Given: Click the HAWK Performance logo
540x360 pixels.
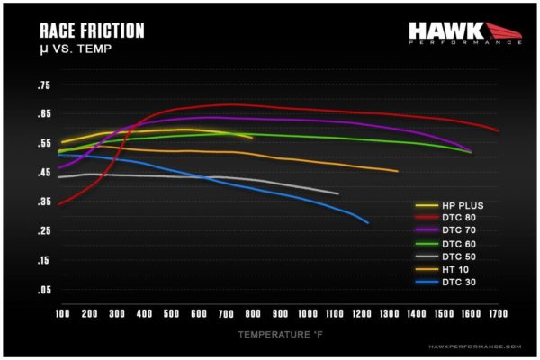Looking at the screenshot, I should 464,33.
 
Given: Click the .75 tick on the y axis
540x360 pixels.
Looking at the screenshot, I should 43,85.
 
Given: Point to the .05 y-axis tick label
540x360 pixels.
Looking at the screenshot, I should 43,290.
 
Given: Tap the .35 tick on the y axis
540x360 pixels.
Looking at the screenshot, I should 43,202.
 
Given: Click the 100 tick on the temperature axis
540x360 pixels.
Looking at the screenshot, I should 62,313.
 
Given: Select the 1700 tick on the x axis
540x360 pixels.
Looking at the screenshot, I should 497,313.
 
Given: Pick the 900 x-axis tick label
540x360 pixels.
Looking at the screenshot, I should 280,313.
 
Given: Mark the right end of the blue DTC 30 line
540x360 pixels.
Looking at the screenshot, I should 368,222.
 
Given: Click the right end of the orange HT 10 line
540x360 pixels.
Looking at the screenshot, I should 397,171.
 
